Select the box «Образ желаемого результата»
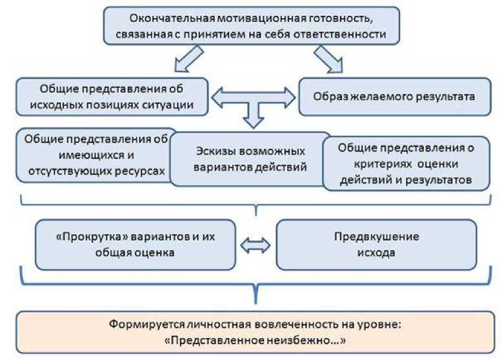394,97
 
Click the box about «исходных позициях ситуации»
112,97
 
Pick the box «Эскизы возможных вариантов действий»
250,159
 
